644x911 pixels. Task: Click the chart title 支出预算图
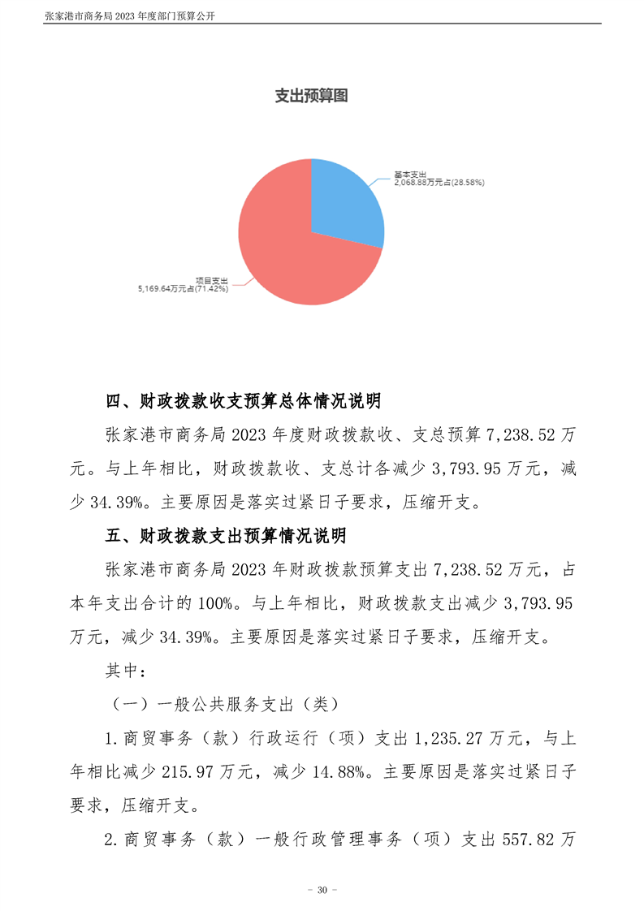click(311, 97)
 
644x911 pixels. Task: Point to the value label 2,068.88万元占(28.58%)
click(439, 183)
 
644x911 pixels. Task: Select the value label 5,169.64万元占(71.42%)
click(183, 287)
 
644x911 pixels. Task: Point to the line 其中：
click(126, 671)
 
